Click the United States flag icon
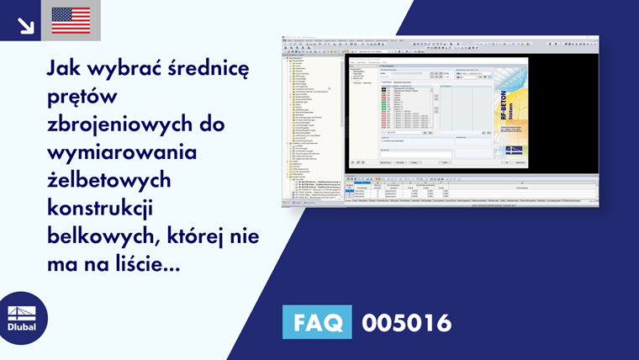click(x=71, y=20)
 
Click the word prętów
click(x=86, y=96)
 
